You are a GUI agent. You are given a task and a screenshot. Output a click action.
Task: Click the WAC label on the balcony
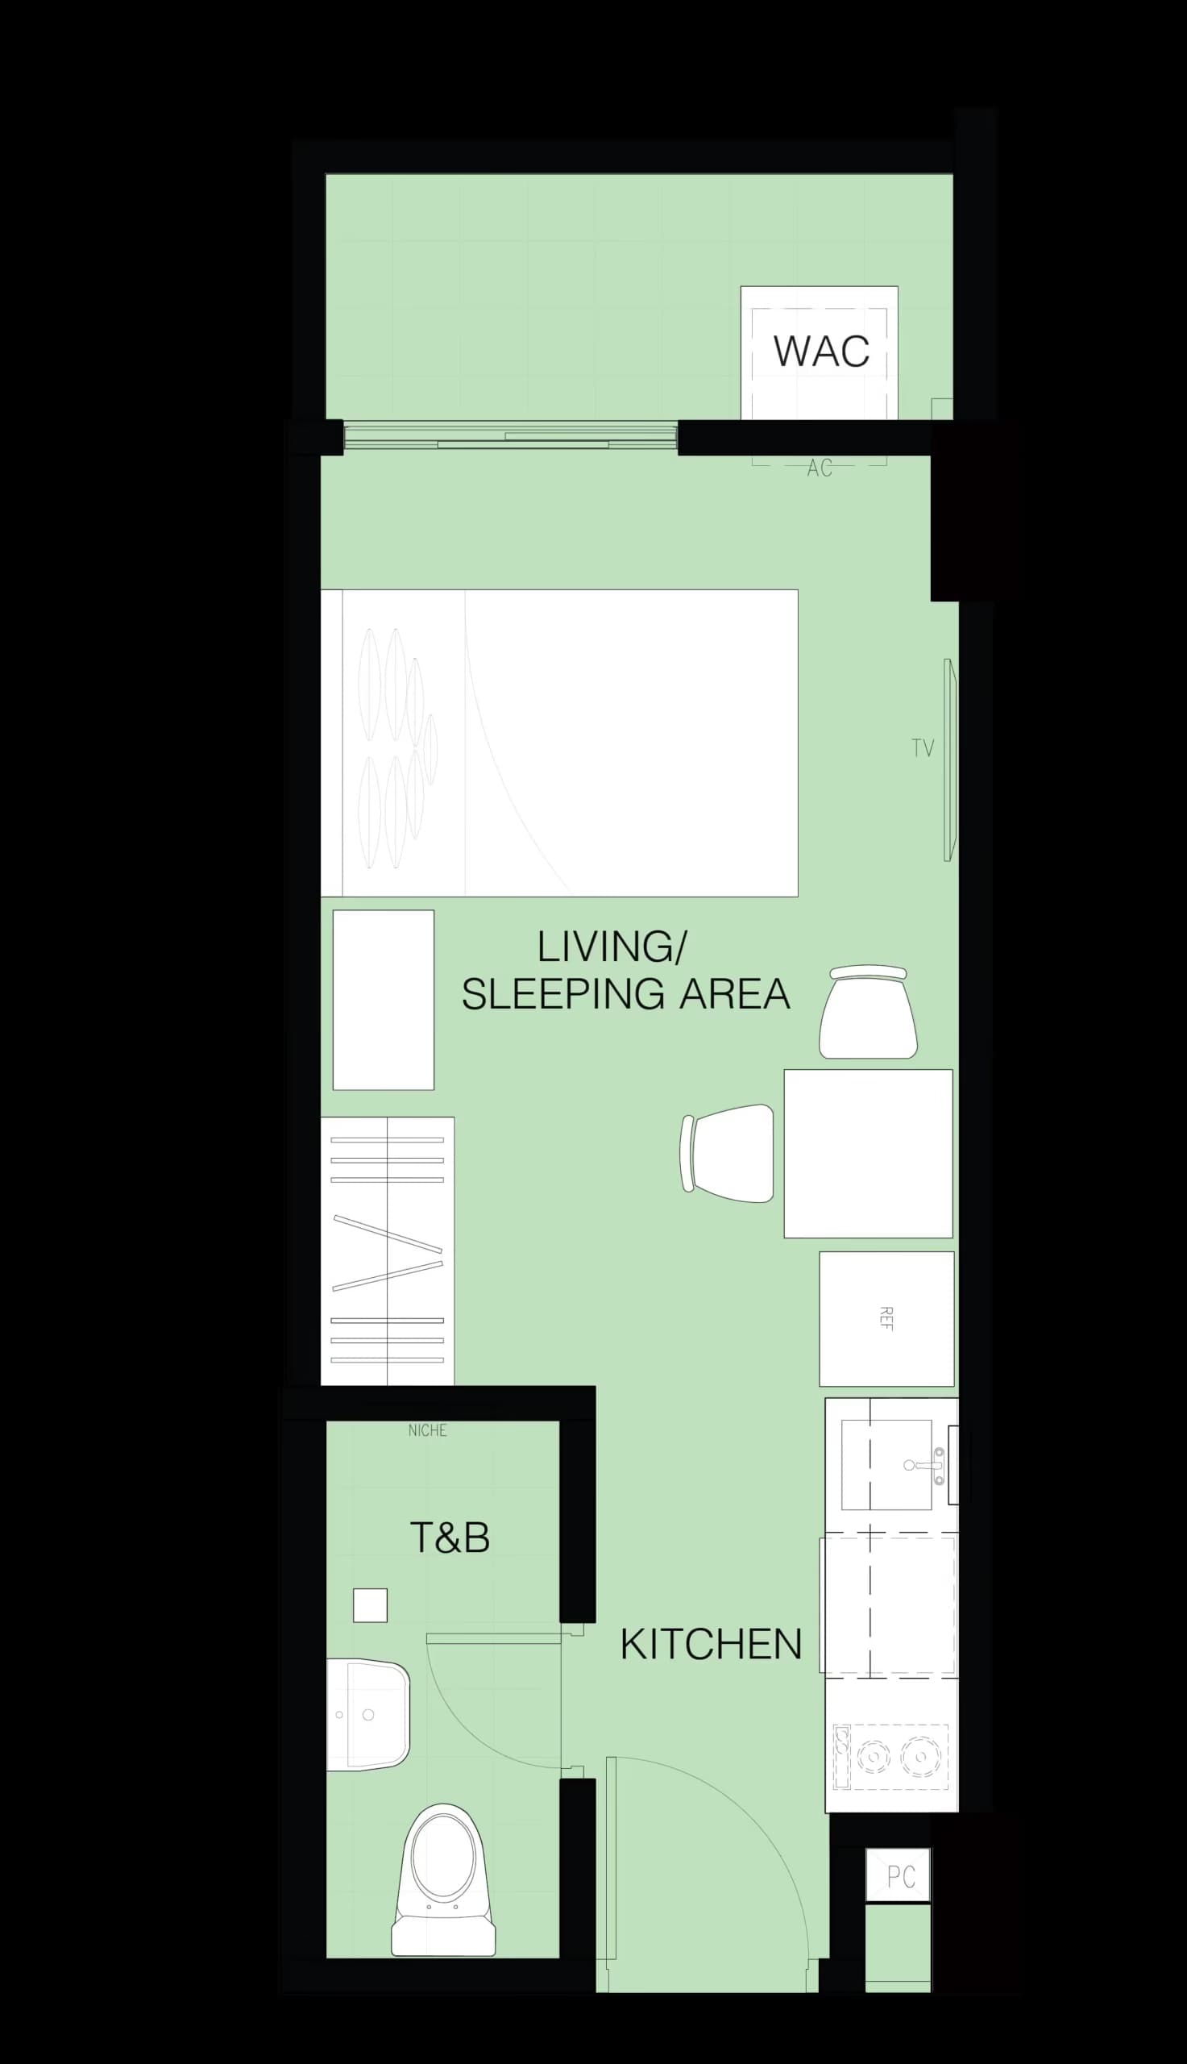(821, 351)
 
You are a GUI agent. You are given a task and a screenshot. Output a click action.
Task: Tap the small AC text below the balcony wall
(820, 468)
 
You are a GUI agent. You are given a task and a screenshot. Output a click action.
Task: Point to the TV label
(923, 748)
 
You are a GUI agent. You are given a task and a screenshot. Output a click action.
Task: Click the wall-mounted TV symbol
(949, 760)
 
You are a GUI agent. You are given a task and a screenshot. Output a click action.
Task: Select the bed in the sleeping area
(559, 743)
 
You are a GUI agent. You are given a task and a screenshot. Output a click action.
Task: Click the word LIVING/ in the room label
(612, 947)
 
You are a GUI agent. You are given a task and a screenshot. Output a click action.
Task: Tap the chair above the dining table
(868, 1012)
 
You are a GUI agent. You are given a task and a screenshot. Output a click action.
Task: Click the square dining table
(868, 1153)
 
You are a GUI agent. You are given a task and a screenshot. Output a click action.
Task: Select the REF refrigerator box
(886, 1319)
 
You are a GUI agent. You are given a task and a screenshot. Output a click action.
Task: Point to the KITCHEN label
(711, 1644)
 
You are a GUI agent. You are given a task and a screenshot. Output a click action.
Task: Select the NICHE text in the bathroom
(427, 1429)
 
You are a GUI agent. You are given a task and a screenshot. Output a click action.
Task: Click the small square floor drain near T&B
(370, 1605)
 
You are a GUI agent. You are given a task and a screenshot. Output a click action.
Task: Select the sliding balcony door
(510, 437)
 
